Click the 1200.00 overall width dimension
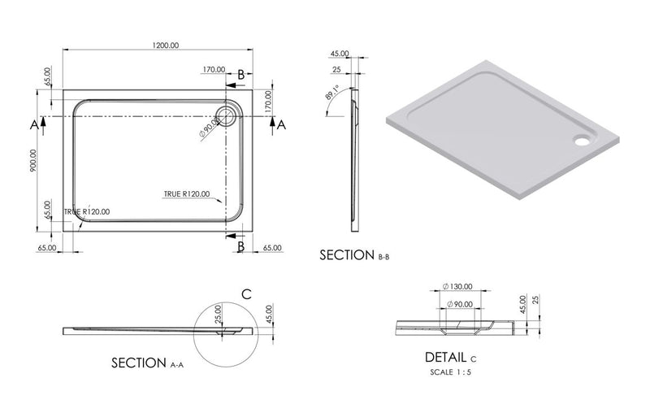tap(165, 46)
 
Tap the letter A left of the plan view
tap(33, 124)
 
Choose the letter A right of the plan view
tap(281, 124)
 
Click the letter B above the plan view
tap(240, 76)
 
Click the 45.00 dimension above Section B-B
tap(340, 54)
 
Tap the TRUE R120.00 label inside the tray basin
tap(187, 193)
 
